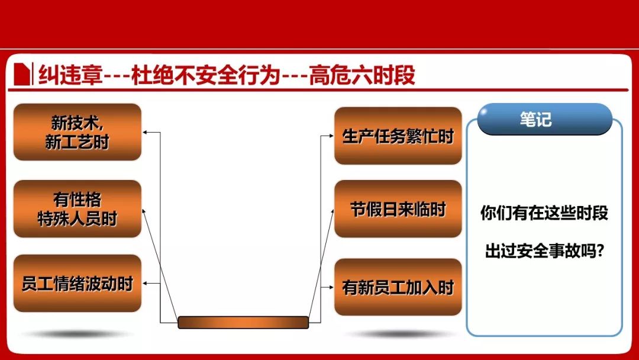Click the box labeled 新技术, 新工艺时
point(78,131)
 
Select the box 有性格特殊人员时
point(78,209)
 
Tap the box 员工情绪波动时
point(78,284)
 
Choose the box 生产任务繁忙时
point(398,136)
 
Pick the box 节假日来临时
point(398,209)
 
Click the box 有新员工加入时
point(398,287)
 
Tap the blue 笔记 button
point(545,119)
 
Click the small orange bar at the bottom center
point(243,322)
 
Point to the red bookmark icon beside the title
point(22,74)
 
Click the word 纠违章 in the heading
point(70,75)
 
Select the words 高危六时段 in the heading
point(362,75)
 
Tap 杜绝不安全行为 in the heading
point(206,75)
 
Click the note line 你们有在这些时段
point(544,213)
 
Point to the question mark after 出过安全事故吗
point(599,250)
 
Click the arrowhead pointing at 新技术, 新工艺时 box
point(145,132)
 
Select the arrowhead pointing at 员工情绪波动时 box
point(145,284)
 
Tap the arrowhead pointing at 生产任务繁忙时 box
point(331,136)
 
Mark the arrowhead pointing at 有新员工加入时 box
point(331,287)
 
